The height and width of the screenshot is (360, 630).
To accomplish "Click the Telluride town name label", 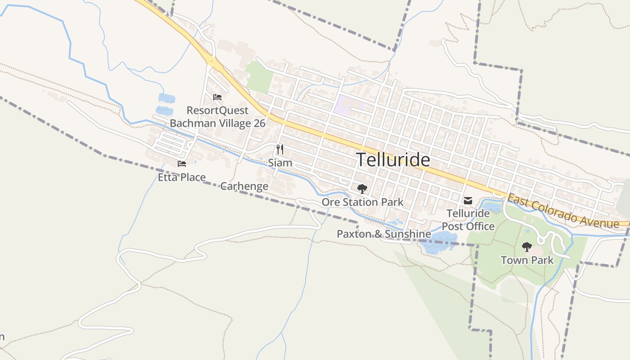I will [x=393, y=160].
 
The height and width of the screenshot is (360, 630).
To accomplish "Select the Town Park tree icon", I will [x=526, y=247].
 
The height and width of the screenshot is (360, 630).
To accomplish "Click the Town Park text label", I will [x=527, y=260].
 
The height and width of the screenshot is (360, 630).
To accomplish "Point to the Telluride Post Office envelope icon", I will [x=468, y=201].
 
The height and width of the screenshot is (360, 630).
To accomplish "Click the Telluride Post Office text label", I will [x=468, y=220].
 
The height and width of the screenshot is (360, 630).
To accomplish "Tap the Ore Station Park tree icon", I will [x=362, y=189].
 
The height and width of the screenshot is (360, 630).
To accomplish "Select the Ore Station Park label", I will [x=362, y=202].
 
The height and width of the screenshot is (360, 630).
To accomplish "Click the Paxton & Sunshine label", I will [x=383, y=234].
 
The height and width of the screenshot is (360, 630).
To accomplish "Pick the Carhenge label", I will [x=244, y=186].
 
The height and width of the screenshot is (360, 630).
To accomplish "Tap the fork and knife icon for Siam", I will [x=280, y=149].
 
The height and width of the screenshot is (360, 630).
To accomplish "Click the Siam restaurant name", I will [x=280, y=162].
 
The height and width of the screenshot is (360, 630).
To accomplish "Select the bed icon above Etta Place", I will [x=182, y=164].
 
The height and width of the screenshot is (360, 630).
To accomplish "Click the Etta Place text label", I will [x=181, y=177].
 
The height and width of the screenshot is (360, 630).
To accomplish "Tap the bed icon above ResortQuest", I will [x=217, y=97].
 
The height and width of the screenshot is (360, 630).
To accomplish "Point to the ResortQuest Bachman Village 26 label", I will [x=217, y=117].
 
